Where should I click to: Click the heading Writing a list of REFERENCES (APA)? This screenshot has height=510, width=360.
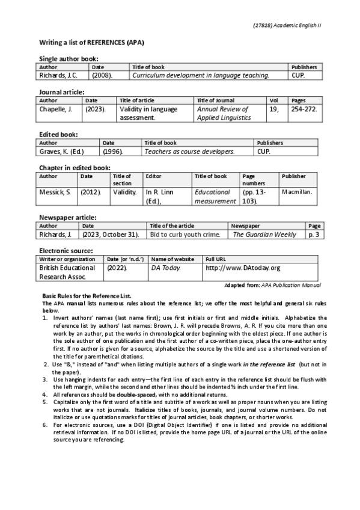(91, 43)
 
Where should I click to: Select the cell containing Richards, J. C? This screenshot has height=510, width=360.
(58, 76)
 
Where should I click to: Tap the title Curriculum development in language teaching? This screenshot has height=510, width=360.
(201, 76)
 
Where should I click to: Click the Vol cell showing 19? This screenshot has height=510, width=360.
(273, 109)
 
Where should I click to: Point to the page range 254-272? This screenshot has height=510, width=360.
(304, 109)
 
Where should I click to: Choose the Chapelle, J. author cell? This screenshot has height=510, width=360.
(55, 109)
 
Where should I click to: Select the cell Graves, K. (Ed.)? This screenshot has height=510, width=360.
(61, 152)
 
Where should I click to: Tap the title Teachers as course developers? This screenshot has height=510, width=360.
(189, 152)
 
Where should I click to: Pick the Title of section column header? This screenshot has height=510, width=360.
(122, 180)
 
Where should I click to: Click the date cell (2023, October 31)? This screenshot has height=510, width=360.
(111, 235)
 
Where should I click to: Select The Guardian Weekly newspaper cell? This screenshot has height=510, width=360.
(264, 235)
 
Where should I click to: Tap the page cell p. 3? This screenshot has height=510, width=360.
(313, 235)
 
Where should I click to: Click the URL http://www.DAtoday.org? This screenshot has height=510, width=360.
(243, 268)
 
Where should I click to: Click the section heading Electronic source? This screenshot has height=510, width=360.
(66, 250)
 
